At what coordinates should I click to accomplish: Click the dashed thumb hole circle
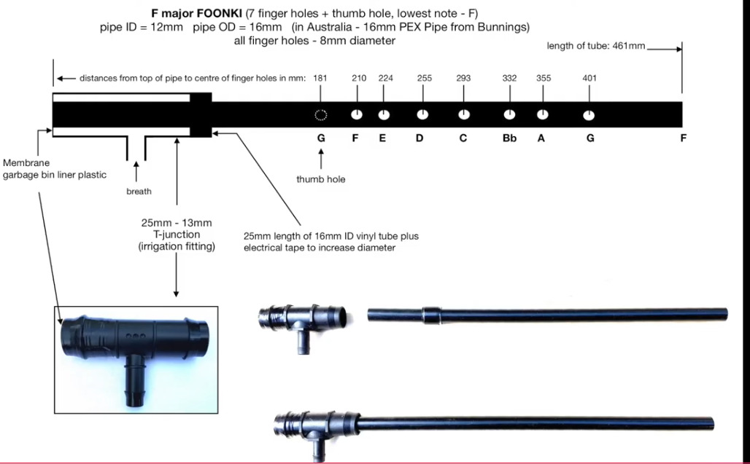[320, 114]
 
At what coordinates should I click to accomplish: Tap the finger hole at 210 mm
[357, 114]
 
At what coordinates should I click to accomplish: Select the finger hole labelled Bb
[509, 114]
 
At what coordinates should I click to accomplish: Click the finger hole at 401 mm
[589, 115]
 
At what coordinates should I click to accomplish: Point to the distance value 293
[463, 78]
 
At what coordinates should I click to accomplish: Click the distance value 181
[320, 78]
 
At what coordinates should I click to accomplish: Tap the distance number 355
[544, 78]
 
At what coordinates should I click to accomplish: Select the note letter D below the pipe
[420, 138]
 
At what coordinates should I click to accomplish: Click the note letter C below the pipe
[463, 138]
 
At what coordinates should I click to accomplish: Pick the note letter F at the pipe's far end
[683, 138]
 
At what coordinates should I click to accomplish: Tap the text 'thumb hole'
[320, 178]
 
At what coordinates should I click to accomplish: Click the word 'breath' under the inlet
[139, 192]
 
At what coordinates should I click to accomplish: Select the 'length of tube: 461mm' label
[596, 46]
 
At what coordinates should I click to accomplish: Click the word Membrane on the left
[26, 163]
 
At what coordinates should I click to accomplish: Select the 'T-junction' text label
[176, 235]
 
